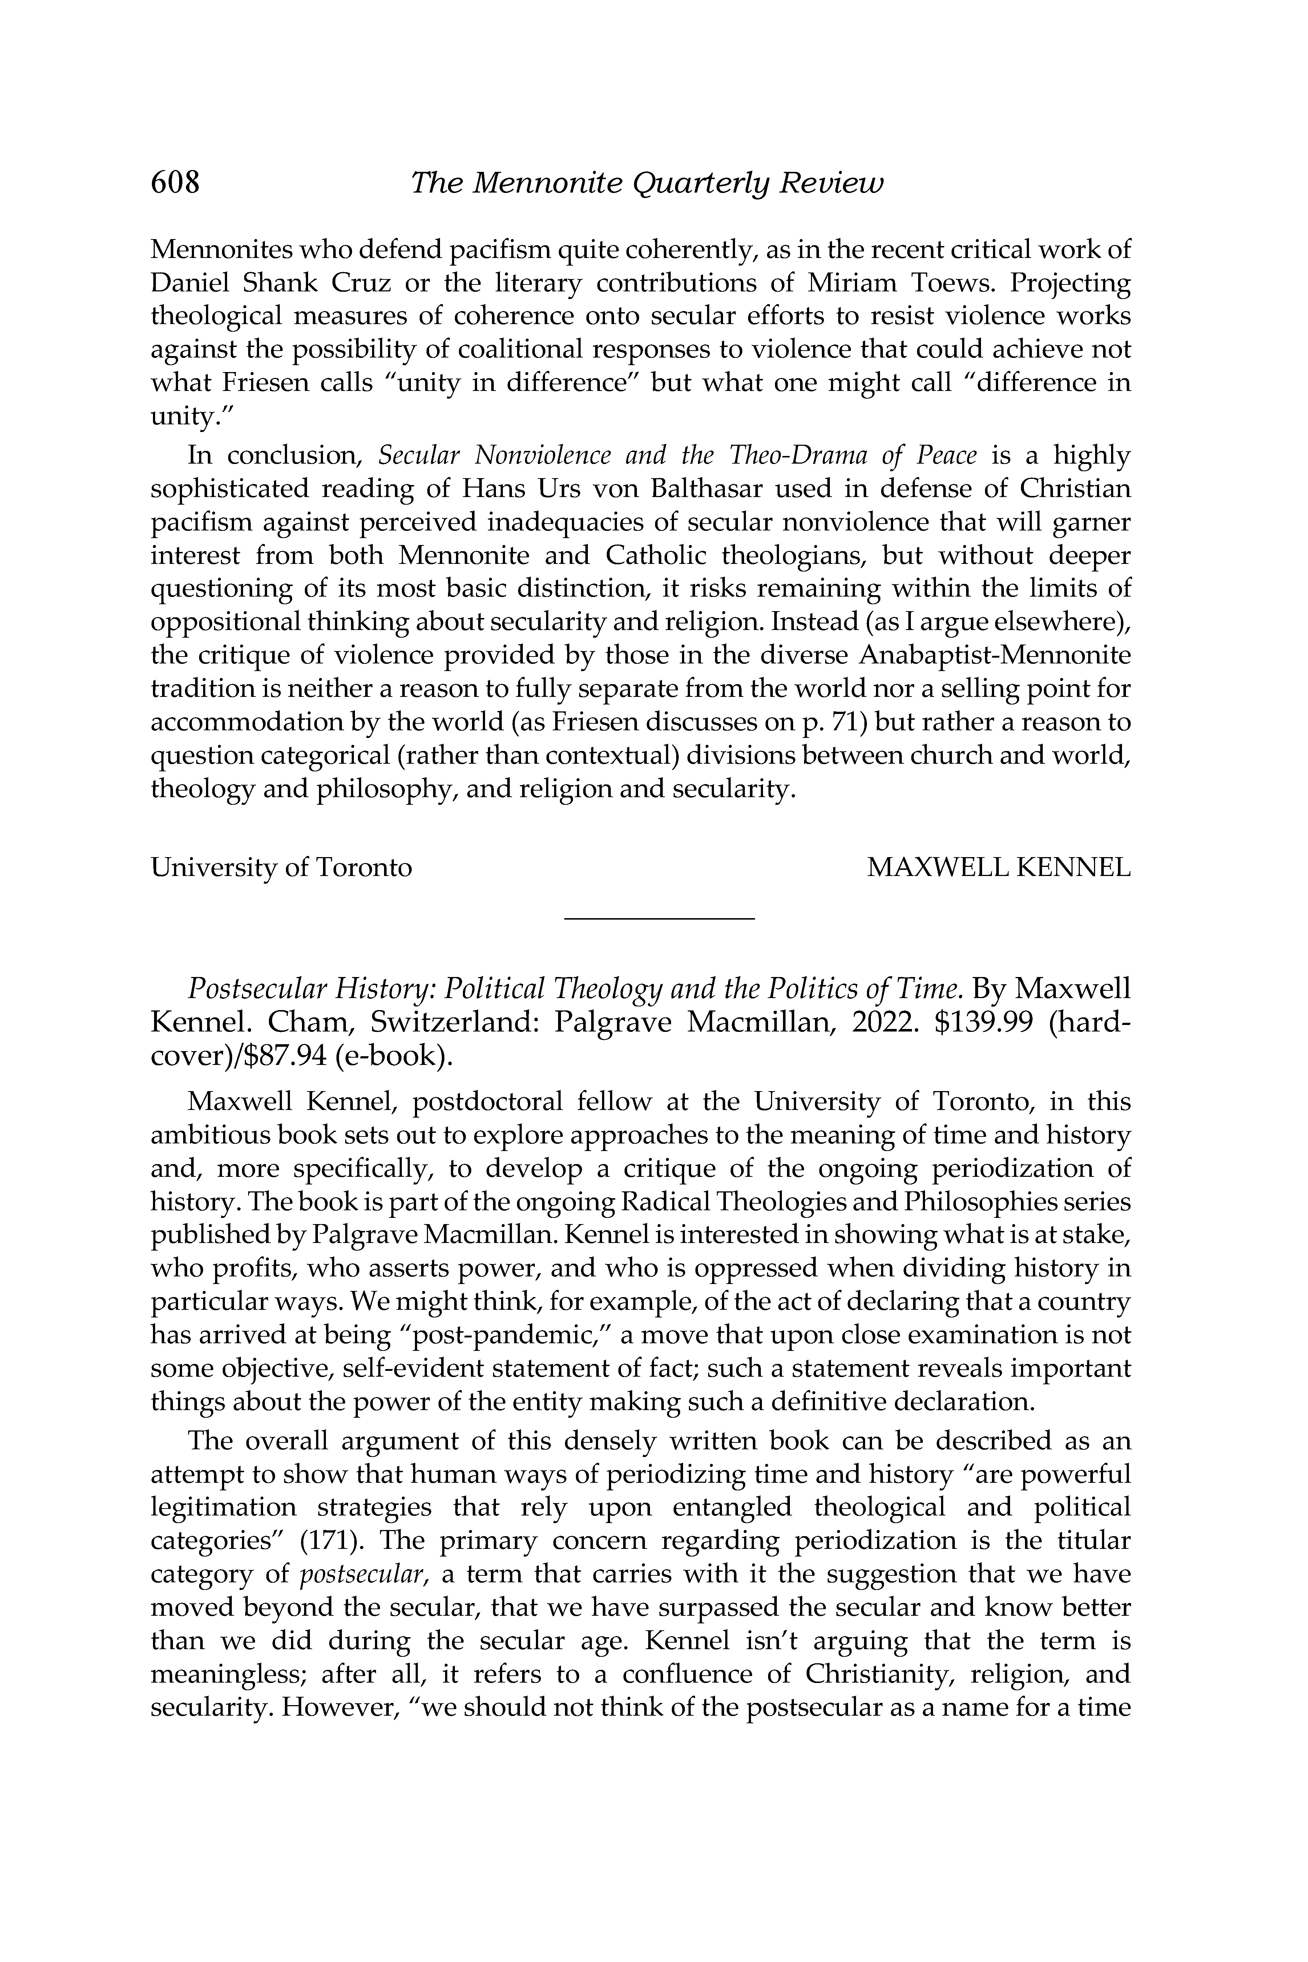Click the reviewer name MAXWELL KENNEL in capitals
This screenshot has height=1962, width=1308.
(998, 868)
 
